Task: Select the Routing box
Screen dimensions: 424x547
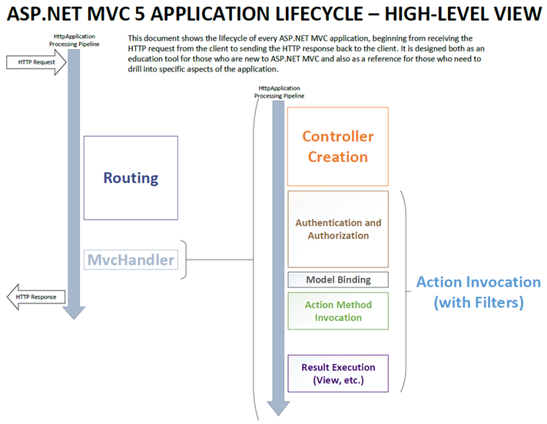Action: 131,177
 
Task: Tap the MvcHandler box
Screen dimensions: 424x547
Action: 131,260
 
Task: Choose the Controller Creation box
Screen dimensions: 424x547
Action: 338,147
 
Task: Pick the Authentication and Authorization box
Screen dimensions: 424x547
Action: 338,229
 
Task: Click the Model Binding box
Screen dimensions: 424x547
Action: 338,280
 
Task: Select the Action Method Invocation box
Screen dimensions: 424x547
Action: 338,310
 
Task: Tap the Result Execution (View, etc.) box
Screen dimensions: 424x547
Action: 338,373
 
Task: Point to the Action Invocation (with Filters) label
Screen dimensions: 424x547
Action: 478,293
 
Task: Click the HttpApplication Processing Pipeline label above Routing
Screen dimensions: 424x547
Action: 75,40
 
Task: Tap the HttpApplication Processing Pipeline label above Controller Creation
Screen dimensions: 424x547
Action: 278,93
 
